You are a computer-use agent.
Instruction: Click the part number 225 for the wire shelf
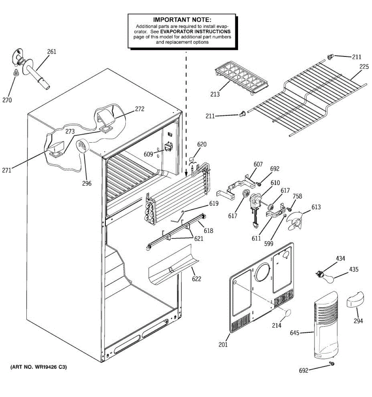[x=364, y=67]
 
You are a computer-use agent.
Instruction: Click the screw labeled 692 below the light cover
[x=332, y=364]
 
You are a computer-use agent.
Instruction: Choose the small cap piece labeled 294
[x=355, y=300]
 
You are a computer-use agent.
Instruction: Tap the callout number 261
[x=52, y=51]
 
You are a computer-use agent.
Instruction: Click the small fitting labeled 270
[x=15, y=73]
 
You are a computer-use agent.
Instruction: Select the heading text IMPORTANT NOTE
[x=182, y=20]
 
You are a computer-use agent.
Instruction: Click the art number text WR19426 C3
[x=39, y=367]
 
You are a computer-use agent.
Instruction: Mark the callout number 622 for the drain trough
[x=196, y=279]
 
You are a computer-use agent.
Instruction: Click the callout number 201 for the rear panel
[x=223, y=345]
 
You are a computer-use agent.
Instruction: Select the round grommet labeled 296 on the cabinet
[x=82, y=146]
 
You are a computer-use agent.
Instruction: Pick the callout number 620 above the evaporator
[x=202, y=144]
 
